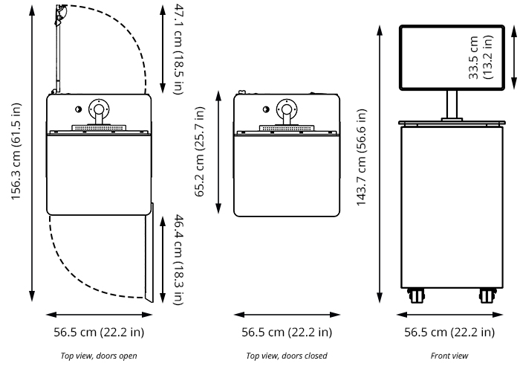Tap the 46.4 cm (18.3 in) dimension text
pos(178,259)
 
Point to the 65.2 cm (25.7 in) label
pos(200,152)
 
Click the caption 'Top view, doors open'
pos(99,356)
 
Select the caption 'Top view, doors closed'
pos(286,356)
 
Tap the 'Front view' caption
pos(449,356)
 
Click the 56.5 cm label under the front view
pos(449,332)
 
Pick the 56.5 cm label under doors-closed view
pos(287,332)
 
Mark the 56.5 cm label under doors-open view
pos(99,332)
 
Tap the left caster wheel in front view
pos(415,295)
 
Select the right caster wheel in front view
pos(487,295)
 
